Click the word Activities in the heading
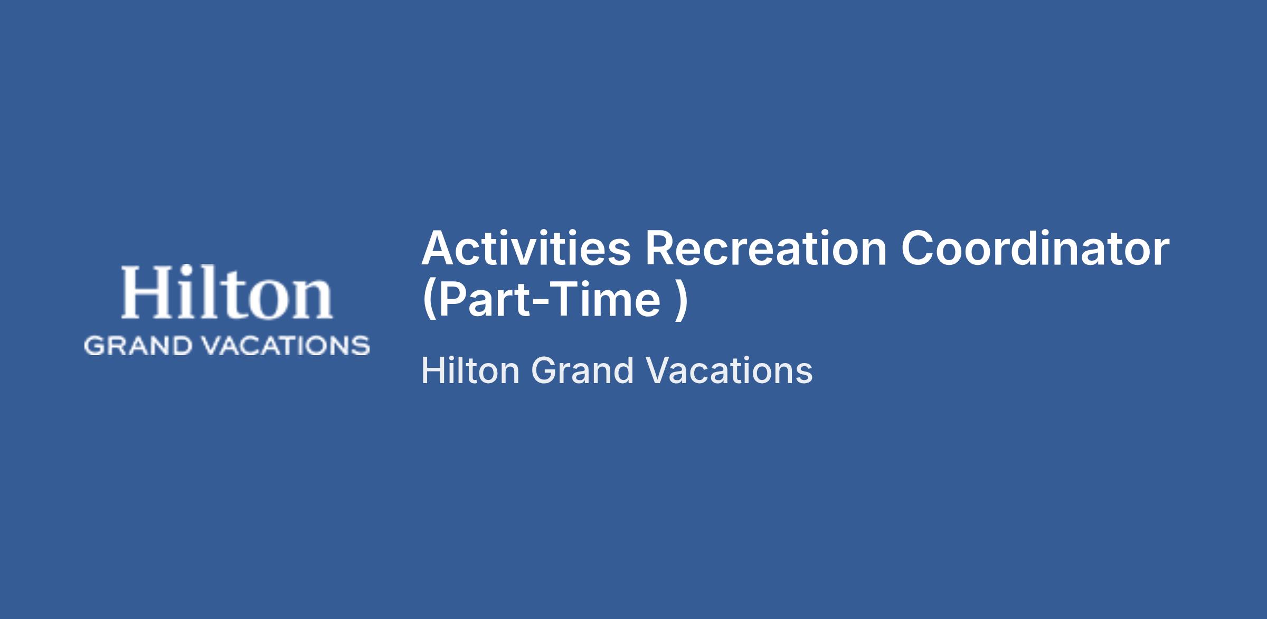click(526, 248)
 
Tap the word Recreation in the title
click(765, 248)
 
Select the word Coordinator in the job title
click(1035, 248)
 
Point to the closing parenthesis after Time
click(681, 301)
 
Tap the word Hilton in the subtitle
click(470, 370)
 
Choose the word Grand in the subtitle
click(582, 370)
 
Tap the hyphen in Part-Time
click(530, 303)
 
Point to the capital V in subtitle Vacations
click(657, 370)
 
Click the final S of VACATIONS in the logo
click(361, 346)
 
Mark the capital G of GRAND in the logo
click(94, 346)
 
